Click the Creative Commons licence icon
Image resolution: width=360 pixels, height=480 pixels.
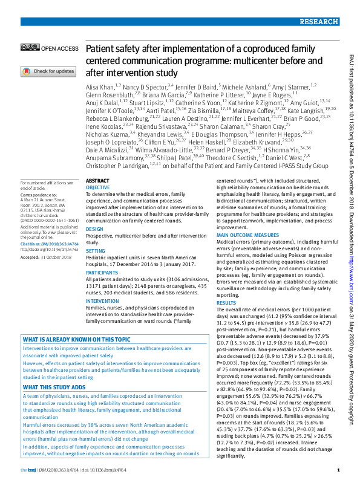pos(29,48)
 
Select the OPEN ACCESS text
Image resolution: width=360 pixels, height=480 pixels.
pos(60,48)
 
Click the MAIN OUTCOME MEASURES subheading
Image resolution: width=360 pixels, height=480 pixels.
pos(248,234)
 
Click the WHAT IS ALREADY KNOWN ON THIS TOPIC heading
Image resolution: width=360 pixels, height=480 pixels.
pos(76,340)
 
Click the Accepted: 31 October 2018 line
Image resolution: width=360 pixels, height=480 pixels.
pos(47,256)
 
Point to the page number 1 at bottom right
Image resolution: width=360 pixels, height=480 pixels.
pos(338,470)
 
